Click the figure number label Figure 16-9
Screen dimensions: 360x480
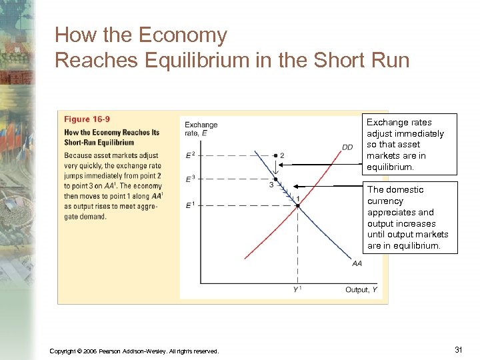point(87,119)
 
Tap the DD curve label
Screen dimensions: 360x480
point(347,147)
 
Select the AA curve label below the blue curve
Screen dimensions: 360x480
point(357,264)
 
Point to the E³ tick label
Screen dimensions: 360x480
point(190,179)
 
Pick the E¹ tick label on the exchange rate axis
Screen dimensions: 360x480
point(190,205)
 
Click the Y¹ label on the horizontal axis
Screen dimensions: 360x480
point(297,289)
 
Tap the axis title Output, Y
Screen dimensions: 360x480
point(361,289)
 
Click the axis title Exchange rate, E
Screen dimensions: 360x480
point(201,129)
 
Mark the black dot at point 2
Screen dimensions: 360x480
point(275,155)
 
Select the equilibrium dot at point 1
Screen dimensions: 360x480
point(297,205)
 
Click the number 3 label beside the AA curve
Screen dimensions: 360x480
point(271,185)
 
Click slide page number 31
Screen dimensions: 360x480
point(458,350)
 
